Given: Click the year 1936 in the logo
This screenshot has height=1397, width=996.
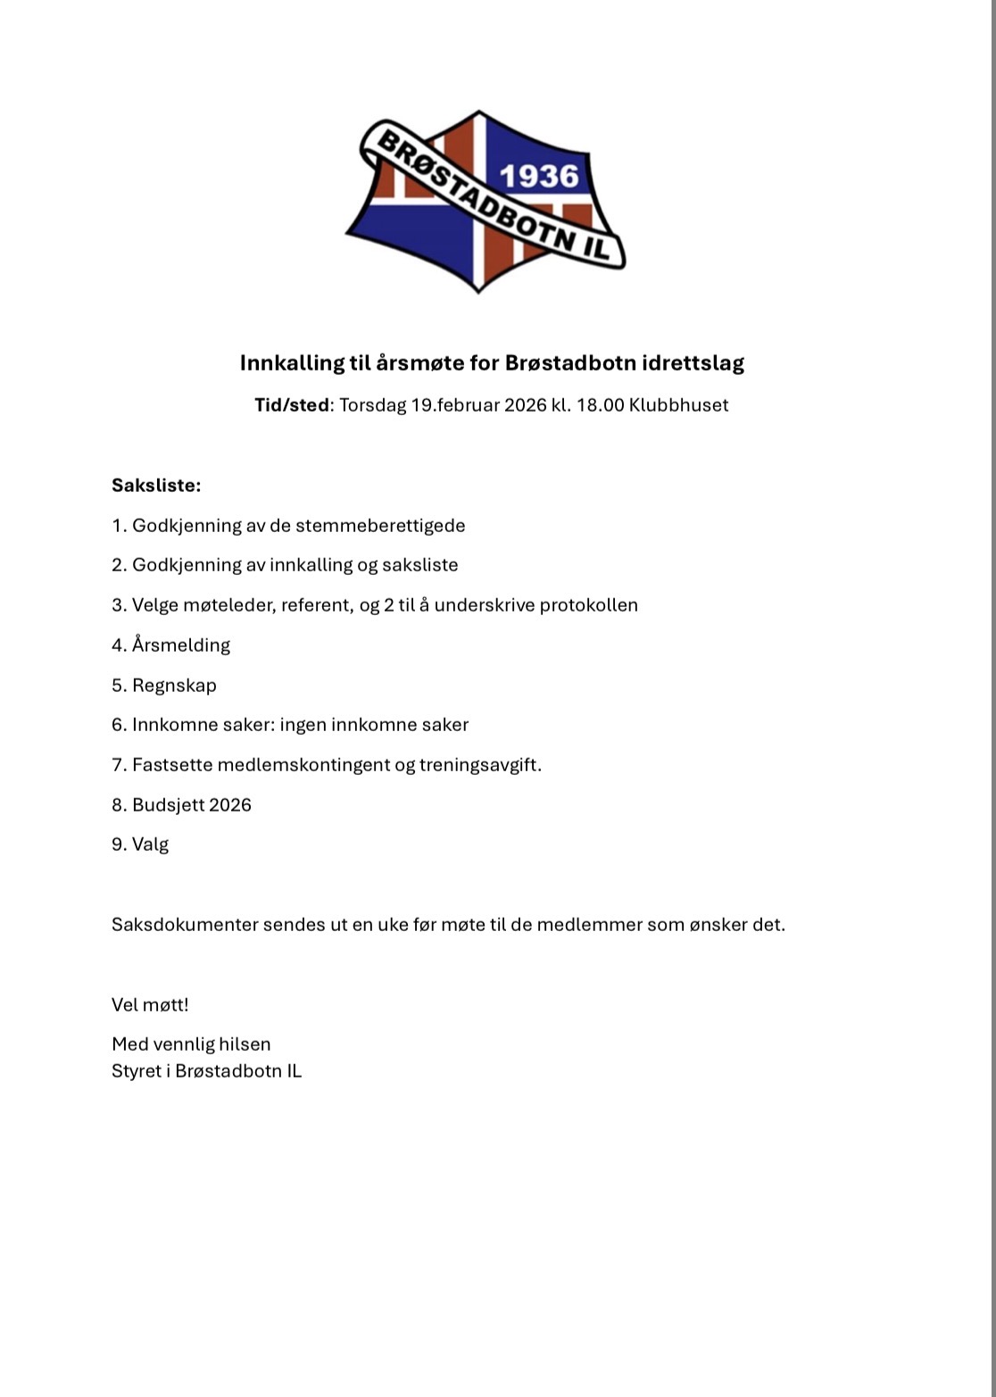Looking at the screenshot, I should (539, 176).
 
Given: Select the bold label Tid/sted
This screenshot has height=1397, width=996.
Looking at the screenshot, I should (292, 405).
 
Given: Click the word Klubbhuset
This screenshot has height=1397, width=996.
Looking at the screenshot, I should (678, 405).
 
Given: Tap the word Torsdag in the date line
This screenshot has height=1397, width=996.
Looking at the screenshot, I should (372, 405).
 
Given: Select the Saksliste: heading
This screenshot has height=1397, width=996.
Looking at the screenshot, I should (156, 486).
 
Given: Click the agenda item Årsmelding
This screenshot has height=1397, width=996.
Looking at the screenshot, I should (181, 645).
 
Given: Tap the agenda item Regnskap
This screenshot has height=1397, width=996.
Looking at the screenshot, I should (174, 686).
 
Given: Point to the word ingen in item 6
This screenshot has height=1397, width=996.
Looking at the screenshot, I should (303, 725).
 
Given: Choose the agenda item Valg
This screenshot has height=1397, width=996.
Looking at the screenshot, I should (150, 844).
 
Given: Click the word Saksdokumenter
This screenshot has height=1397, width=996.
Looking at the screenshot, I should (185, 925).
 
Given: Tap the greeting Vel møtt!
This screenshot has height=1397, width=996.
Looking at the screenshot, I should (150, 1005).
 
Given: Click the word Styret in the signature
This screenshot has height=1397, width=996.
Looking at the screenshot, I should (137, 1071).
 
